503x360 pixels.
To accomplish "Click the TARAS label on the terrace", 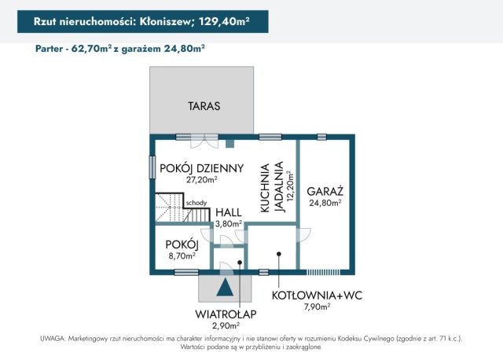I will (204, 105).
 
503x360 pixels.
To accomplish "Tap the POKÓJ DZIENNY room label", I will (202, 168).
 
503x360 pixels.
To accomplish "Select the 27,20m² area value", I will (202, 179).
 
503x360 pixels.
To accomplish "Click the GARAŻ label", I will (324, 191).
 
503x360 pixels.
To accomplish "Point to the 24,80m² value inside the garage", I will (324, 203).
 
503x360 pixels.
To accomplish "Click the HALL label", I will (229, 212).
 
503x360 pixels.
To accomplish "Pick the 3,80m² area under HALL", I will (229, 223).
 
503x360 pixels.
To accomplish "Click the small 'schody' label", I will (196, 203).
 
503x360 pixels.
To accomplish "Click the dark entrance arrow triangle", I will (226, 288).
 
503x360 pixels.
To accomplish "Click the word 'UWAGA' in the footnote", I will (52, 338).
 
